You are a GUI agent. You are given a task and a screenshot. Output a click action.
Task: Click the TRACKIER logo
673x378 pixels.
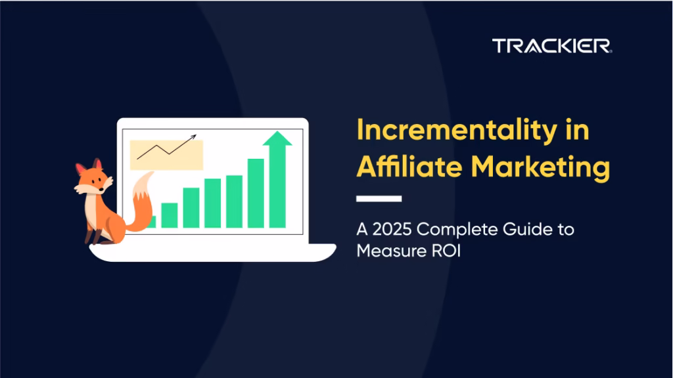tap(552, 46)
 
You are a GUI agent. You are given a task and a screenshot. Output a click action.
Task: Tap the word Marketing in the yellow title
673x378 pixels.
tap(540, 167)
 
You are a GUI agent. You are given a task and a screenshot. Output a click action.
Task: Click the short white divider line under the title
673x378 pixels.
tap(379, 198)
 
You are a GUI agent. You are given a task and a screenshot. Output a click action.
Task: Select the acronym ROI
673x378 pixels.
tap(446, 251)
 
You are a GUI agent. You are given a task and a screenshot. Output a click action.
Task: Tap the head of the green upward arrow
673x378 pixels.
tap(277, 138)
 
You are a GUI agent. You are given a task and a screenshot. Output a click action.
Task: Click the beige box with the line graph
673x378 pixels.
tap(166, 154)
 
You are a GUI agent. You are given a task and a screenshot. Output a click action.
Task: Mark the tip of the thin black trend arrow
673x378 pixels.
tap(196, 135)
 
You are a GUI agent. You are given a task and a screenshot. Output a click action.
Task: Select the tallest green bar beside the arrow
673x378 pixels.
tap(256, 194)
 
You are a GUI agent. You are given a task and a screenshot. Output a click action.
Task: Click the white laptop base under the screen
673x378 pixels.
tap(213, 253)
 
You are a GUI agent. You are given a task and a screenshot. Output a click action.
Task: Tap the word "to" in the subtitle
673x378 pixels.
tap(566, 230)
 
